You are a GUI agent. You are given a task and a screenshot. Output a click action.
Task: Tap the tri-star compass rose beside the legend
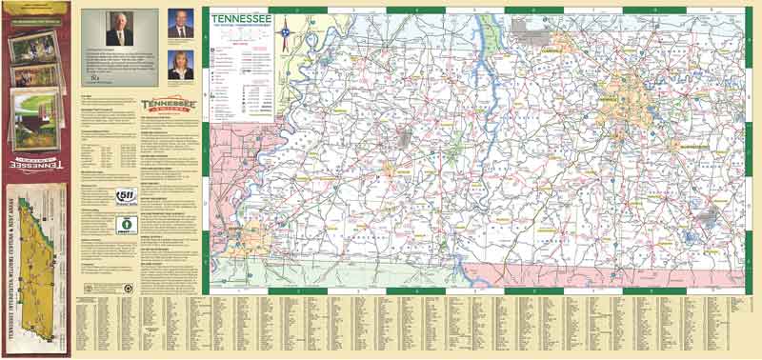tap(284, 37)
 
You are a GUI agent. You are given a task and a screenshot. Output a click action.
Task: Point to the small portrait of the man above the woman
tap(179, 25)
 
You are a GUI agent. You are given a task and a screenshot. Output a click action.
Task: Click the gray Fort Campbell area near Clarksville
tap(526, 27)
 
